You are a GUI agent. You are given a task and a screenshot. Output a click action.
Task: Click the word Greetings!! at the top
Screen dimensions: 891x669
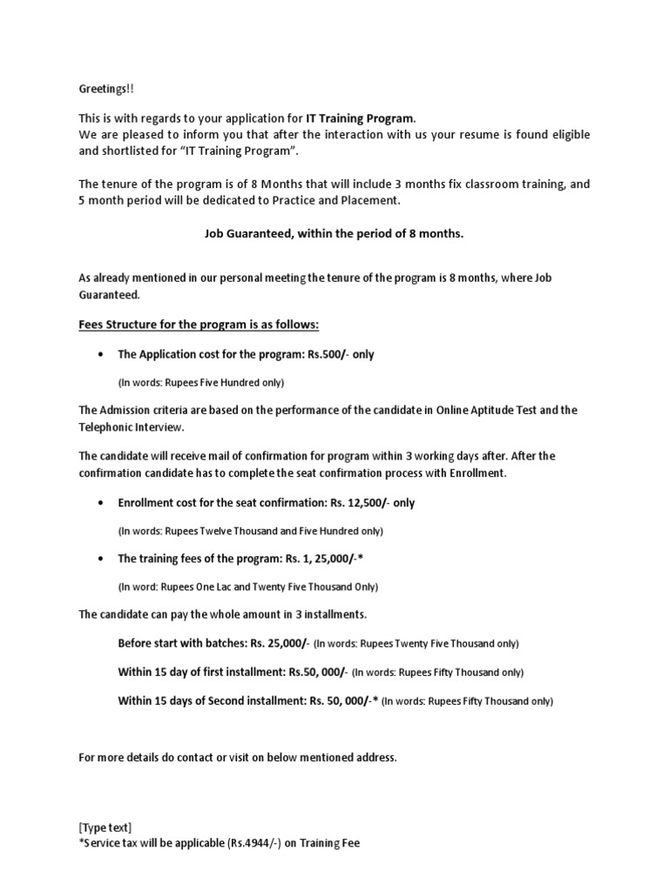coord(106,90)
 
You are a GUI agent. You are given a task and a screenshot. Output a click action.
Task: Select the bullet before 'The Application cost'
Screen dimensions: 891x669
coord(102,355)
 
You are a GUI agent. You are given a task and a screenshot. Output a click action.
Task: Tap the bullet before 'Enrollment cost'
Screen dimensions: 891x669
coord(102,504)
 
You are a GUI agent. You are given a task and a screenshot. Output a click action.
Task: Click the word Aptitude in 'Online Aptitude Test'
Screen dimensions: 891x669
coord(498,410)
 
